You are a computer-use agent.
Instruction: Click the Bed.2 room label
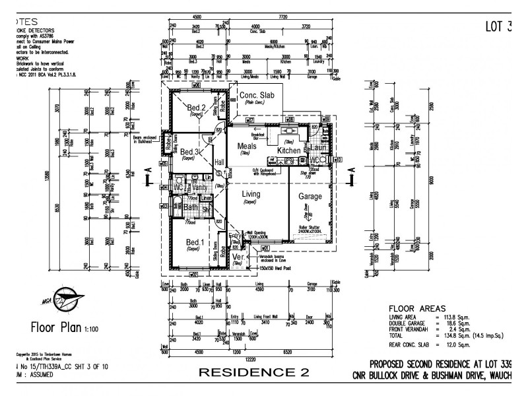(196, 108)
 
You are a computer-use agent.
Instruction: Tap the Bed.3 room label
(191, 152)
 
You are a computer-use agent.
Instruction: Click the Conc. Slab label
(256, 96)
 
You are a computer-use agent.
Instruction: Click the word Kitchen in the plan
(288, 151)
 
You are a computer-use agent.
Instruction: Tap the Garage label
(310, 197)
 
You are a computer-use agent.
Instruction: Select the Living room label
(251, 194)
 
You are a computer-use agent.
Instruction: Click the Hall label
(219, 162)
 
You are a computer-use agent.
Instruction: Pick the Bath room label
(191, 208)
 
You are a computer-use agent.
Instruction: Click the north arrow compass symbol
(61, 301)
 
